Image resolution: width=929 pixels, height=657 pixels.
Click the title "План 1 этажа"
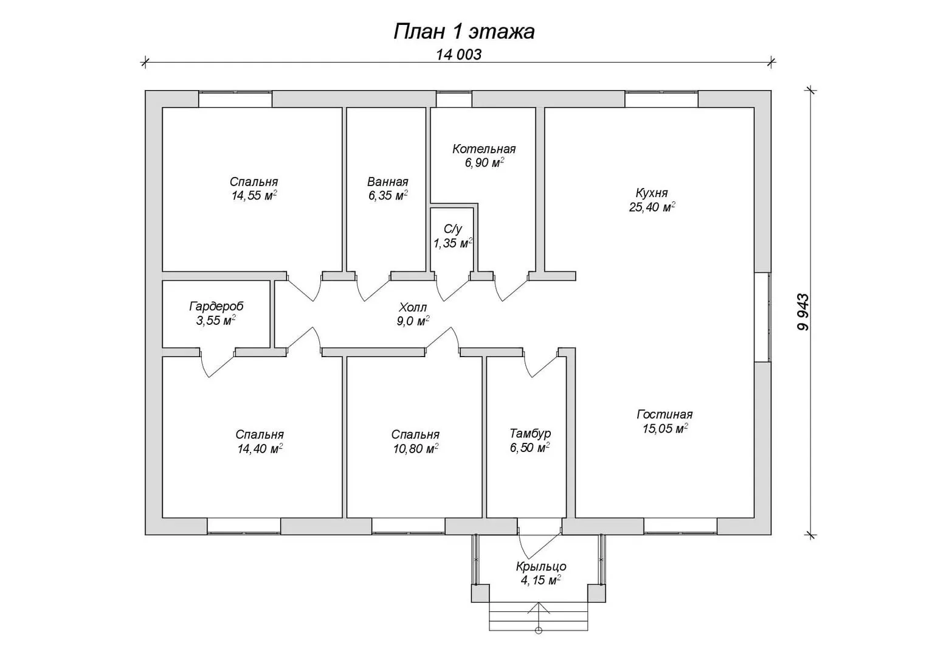click(x=464, y=32)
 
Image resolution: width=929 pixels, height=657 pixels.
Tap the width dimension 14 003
click(x=458, y=55)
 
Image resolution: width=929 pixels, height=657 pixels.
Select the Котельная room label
click(x=484, y=149)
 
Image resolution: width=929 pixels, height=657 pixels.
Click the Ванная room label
click(x=387, y=182)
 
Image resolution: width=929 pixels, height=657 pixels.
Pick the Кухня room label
click(x=652, y=193)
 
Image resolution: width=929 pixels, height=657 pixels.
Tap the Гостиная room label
click(x=665, y=414)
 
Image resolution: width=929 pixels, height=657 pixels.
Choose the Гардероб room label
click(x=216, y=307)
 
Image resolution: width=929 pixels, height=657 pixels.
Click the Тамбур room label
click(x=530, y=433)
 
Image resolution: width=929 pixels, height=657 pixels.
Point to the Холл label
click(x=413, y=308)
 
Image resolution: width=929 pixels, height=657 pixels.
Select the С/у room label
click(x=452, y=229)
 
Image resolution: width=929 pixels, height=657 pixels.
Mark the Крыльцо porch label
click(x=541, y=566)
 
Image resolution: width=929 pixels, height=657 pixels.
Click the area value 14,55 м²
click(x=254, y=195)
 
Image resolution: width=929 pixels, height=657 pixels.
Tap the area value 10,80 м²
click(x=416, y=449)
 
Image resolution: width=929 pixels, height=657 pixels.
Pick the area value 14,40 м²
click(x=260, y=449)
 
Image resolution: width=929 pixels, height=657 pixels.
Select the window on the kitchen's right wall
click(x=762, y=316)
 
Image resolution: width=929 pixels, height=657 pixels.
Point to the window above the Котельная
click(x=454, y=99)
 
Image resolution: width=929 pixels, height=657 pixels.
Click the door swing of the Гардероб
click(x=216, y=365)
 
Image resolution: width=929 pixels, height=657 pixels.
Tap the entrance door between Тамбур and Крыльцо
click(x=539, y=535)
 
